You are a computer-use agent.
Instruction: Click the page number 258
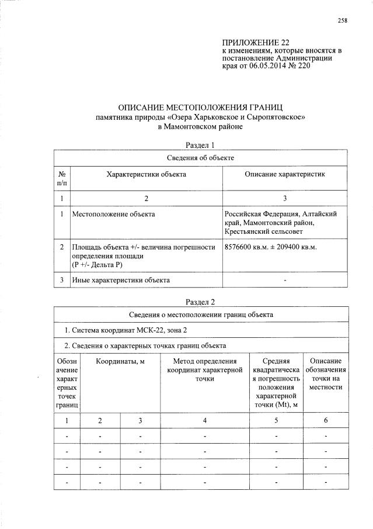343,21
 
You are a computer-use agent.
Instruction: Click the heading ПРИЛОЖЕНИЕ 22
256,43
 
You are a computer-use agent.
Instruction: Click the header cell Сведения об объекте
200,157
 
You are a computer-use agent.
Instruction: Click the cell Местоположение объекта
113,215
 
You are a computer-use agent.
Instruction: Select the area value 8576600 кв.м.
247,248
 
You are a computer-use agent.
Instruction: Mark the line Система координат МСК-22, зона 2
122,331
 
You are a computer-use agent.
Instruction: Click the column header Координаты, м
120,361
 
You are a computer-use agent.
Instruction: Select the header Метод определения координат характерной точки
204,370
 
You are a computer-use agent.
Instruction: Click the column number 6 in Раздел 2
326,420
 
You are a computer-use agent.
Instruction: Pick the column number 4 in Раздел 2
204,420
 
